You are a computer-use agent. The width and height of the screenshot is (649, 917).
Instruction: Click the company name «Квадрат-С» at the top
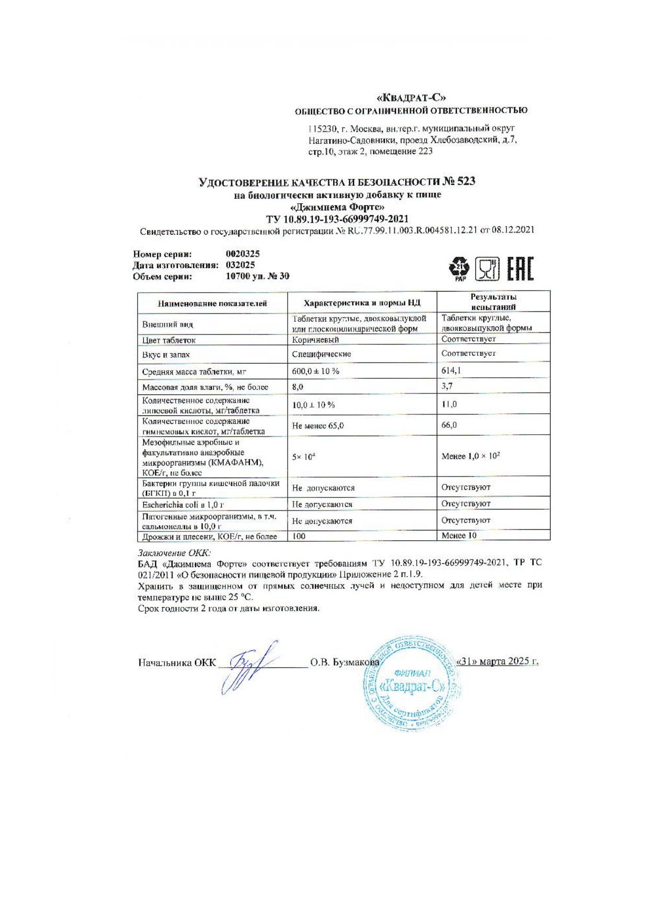pyautogui.click(x=411, y=98)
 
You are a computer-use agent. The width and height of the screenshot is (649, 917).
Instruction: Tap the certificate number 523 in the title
pyautogui.click(x=465, y=181)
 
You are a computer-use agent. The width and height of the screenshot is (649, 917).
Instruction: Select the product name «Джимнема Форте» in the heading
pyautogui.click(x=337, y=207)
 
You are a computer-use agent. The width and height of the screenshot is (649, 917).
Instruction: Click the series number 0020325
pyautogui.click(x=243, y=254)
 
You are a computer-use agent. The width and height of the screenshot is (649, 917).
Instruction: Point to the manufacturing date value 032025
pyautogui.click(x=240, y=265)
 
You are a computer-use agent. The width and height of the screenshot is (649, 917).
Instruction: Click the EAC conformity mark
pyautogui.click(x=520, y=270)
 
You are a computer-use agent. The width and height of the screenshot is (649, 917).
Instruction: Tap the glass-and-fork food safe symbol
pyautogui.click(x=487, y=270)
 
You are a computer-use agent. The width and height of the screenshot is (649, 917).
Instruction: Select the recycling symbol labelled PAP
pyautogui.click(x=460, y=269)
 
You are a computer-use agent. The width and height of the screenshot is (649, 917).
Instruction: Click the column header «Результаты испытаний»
pyautogui.click(x=493, y=302)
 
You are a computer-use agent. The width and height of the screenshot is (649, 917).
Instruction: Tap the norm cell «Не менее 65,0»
pyautogui.click(x=318, y=425)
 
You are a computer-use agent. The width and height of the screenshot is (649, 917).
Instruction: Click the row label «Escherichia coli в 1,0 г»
pyautogui.click(x=183, y=505)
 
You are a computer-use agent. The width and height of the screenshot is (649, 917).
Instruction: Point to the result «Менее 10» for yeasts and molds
pyautogui.click(x=459, y=536)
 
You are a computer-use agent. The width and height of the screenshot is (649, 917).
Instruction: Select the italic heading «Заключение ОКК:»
pyautogui.click(x=175, y=552)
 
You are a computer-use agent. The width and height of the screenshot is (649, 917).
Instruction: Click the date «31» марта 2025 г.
pyautogui.click(x=497, y=661)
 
